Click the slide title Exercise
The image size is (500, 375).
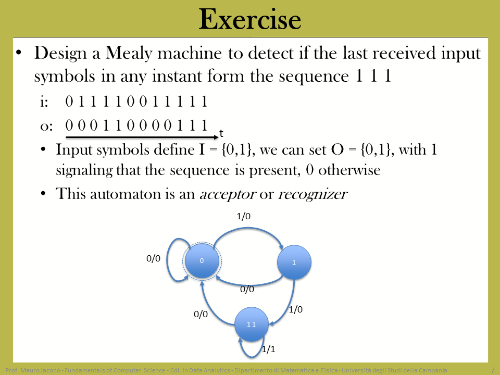[249, 19]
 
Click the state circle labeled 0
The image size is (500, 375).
[202, 260]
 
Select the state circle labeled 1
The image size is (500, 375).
[294, 262]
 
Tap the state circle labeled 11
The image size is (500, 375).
[251, 324]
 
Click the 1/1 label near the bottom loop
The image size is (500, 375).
[269, 349]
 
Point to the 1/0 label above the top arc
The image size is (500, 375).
[244, 216]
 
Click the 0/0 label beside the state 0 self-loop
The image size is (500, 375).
[153, 258]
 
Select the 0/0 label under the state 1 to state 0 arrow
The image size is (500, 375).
[247, 289]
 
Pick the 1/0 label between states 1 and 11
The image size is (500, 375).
[296, 309]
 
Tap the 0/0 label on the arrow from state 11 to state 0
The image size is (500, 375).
[201, 314]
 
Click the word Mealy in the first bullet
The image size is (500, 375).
[129, 53]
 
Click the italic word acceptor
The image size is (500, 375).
[228, 194]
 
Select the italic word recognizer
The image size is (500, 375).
[313, 194]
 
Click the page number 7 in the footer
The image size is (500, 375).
[493, 370]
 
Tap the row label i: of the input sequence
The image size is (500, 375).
[44, 102]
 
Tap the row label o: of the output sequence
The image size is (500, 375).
[46, 126]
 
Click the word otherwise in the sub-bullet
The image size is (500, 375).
[349, 170]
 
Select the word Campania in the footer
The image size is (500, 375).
[433, 370]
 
